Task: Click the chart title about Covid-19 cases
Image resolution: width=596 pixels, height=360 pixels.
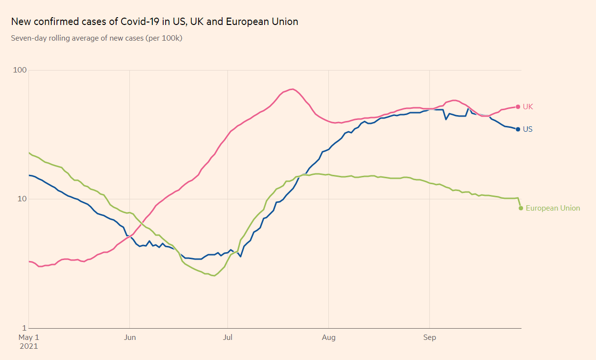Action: pyautogui.click(x=154, y=22)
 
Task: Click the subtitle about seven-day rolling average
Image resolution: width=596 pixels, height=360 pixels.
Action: pyautogui.click(x=97, y=38)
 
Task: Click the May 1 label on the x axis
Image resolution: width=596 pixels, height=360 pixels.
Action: pyautogui.click(x=28, y=337)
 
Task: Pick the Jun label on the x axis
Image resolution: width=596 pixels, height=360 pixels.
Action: pyautogui.click(x=129, y=337)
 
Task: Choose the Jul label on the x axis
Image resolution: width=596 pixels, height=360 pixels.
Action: pyautogui.click(x=227, y=337)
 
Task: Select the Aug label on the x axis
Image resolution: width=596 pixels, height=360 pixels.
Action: pyautogui.click(x=328, y=337)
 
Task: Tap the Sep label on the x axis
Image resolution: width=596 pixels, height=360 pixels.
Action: pyautogui.click(x=429, y=337)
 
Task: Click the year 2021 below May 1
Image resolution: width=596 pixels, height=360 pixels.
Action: pyautogui.click(x=28, y=346)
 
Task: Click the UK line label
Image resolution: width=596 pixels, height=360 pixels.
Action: pyautogui.click(x=528, y=107)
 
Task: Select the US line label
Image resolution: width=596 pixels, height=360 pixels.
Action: pyautogui.click(x=527, y=129)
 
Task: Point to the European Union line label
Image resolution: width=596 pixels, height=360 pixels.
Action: pyautogui.click(x=552, y=208)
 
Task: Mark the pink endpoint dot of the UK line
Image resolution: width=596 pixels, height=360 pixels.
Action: pyautogui.click(x=518, y=107)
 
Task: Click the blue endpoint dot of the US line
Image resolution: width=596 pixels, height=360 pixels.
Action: pyautogui.click(x=518, y=129)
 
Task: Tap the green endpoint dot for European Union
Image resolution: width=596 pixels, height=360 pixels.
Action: pyautogui.click(x=521, y=208)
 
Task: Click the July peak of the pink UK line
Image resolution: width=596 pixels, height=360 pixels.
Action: pyautogui.click(x=293, y=89)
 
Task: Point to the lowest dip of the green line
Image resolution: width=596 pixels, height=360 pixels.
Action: pyautogui.click(x=214, y=276)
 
